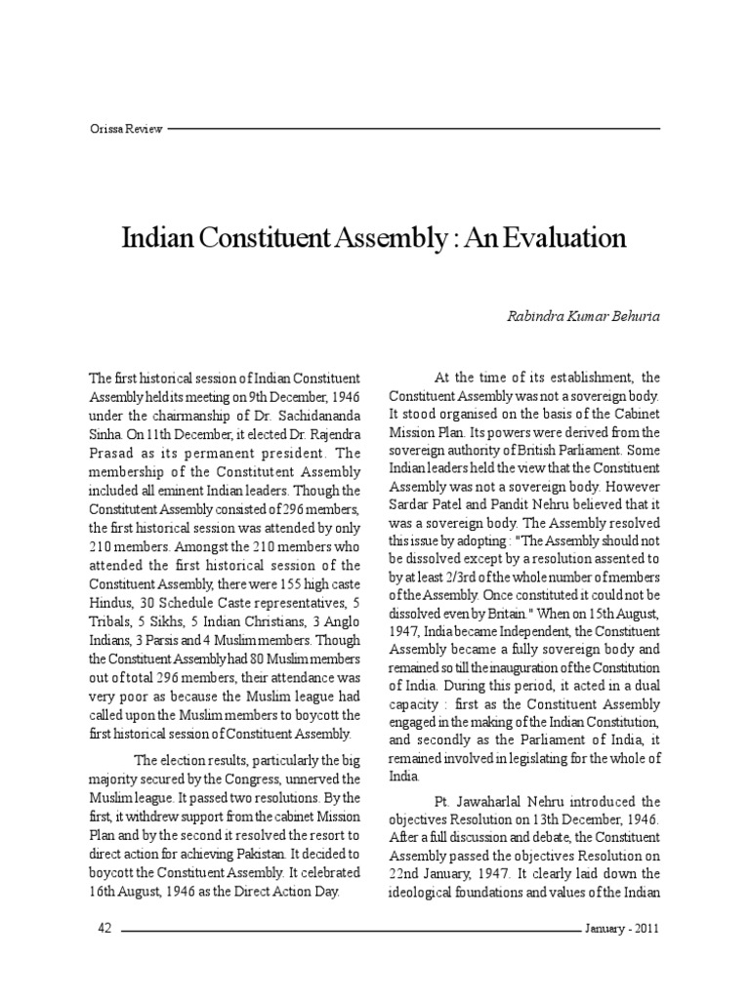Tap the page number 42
pyautogui.click(x=105, y=930)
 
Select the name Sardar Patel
pyautogui.click(x=430, y=506)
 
